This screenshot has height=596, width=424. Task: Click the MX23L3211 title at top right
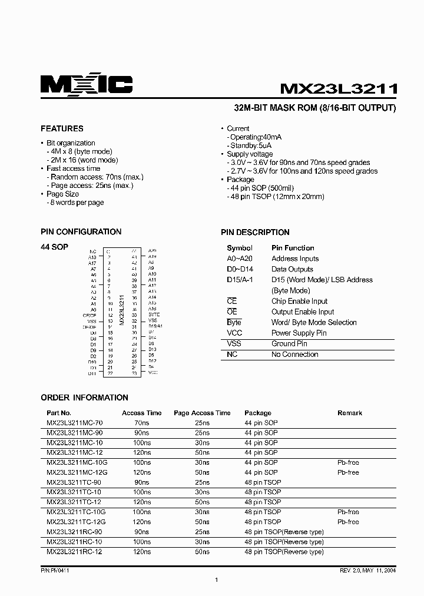coord(339,89)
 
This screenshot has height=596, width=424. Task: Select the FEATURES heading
coord(62,128)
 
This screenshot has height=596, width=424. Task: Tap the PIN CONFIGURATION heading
coord(81,232)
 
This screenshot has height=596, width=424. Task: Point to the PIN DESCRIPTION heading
coord(255,232)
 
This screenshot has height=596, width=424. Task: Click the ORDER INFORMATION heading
coord(84,398)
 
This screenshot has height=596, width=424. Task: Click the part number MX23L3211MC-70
coord(74,423)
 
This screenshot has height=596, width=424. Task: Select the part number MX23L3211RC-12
coord(74,552)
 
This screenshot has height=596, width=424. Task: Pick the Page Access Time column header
coord(202,413)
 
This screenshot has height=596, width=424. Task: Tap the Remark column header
coord(350,413)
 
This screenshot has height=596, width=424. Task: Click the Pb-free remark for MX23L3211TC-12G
coord(348,522)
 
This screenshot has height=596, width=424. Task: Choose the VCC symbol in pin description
coord(234,333)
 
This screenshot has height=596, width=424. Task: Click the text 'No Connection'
coord(294,354)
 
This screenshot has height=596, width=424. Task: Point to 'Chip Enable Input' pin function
coord(299,301)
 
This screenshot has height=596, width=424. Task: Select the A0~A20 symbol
coord(240,259)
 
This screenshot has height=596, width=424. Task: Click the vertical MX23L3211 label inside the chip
coord(121,310)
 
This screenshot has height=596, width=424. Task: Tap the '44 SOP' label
coord(54,247)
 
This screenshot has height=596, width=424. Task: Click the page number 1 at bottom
coord(217,580)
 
